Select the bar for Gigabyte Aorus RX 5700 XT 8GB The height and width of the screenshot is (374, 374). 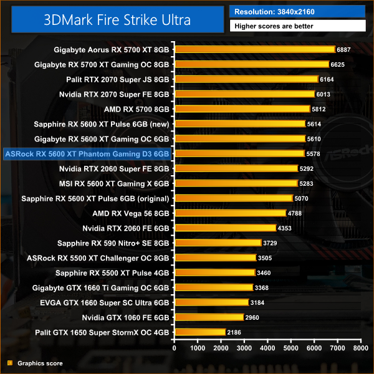tap(254, 49)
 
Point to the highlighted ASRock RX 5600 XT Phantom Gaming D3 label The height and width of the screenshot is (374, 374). tap(87, 153)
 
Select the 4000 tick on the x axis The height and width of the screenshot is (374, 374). tap(267, 348)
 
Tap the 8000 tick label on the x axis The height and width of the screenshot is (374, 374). tap(359, 348)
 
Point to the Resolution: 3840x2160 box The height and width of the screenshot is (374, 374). tap(297, 11)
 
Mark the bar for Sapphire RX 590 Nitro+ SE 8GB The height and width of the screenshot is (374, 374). tap(218, 242)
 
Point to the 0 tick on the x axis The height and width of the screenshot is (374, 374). tap(175, 348)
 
